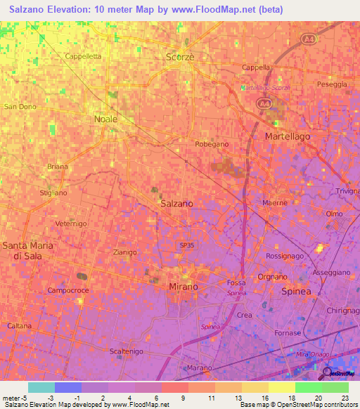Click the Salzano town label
pyautogui.click(x=176, y=203)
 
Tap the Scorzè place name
pyautogui.click(x=179, y=56)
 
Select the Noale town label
pyautogui.click(x=105, y=119)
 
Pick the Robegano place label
pyautogui.click(x=212, y=143)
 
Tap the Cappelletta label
pyautogui.click(x=83, y=56)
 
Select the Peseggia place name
pyautogui.click(x=332, y=84)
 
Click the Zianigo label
pyautogui.click(x=124, y=252)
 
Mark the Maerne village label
pyautogui.click(x=275, y=203)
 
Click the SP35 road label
pyautogui.click(x=186, y=245)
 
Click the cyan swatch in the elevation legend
pyautogui.click(x=41, y=387)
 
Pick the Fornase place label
pyautogui.click(x=307, y=333)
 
